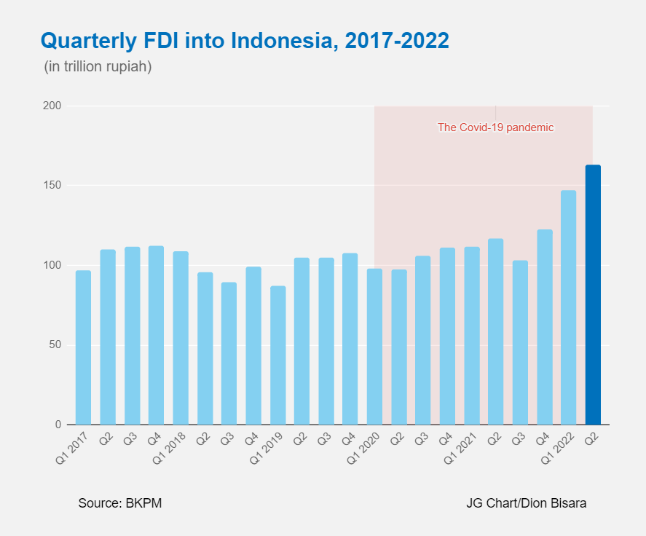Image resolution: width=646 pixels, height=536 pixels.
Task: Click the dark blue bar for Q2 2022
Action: pyautogui.click(x=593, y=295)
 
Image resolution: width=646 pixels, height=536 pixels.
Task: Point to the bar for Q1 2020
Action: pyautogui.click(x=374, y=347)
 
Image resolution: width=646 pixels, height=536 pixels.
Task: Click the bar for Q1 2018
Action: pyautogui.click(x=181, y=338)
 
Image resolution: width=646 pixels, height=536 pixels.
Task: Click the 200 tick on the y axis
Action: pyautogui.click(x=51, y=106)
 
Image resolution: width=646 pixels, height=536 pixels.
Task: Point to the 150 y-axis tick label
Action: pyautogui.click(x=51, y=186)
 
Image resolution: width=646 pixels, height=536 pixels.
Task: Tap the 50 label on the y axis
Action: pyautogui.click(x=54, y=344)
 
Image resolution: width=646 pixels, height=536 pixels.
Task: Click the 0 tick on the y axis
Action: pyautogui.click(x=58, y=425)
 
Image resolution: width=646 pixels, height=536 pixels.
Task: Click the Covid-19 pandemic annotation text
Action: pyautogui.click(x=495, y=127)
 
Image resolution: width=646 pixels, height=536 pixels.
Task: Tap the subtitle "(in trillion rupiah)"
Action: pyautogui.click(x=98, y=67)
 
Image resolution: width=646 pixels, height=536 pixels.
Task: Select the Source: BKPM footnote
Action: pyautogui.click(x=119, y=503)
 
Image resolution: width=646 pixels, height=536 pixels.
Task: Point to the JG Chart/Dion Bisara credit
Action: pyautogui.click(x=526, y=503)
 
